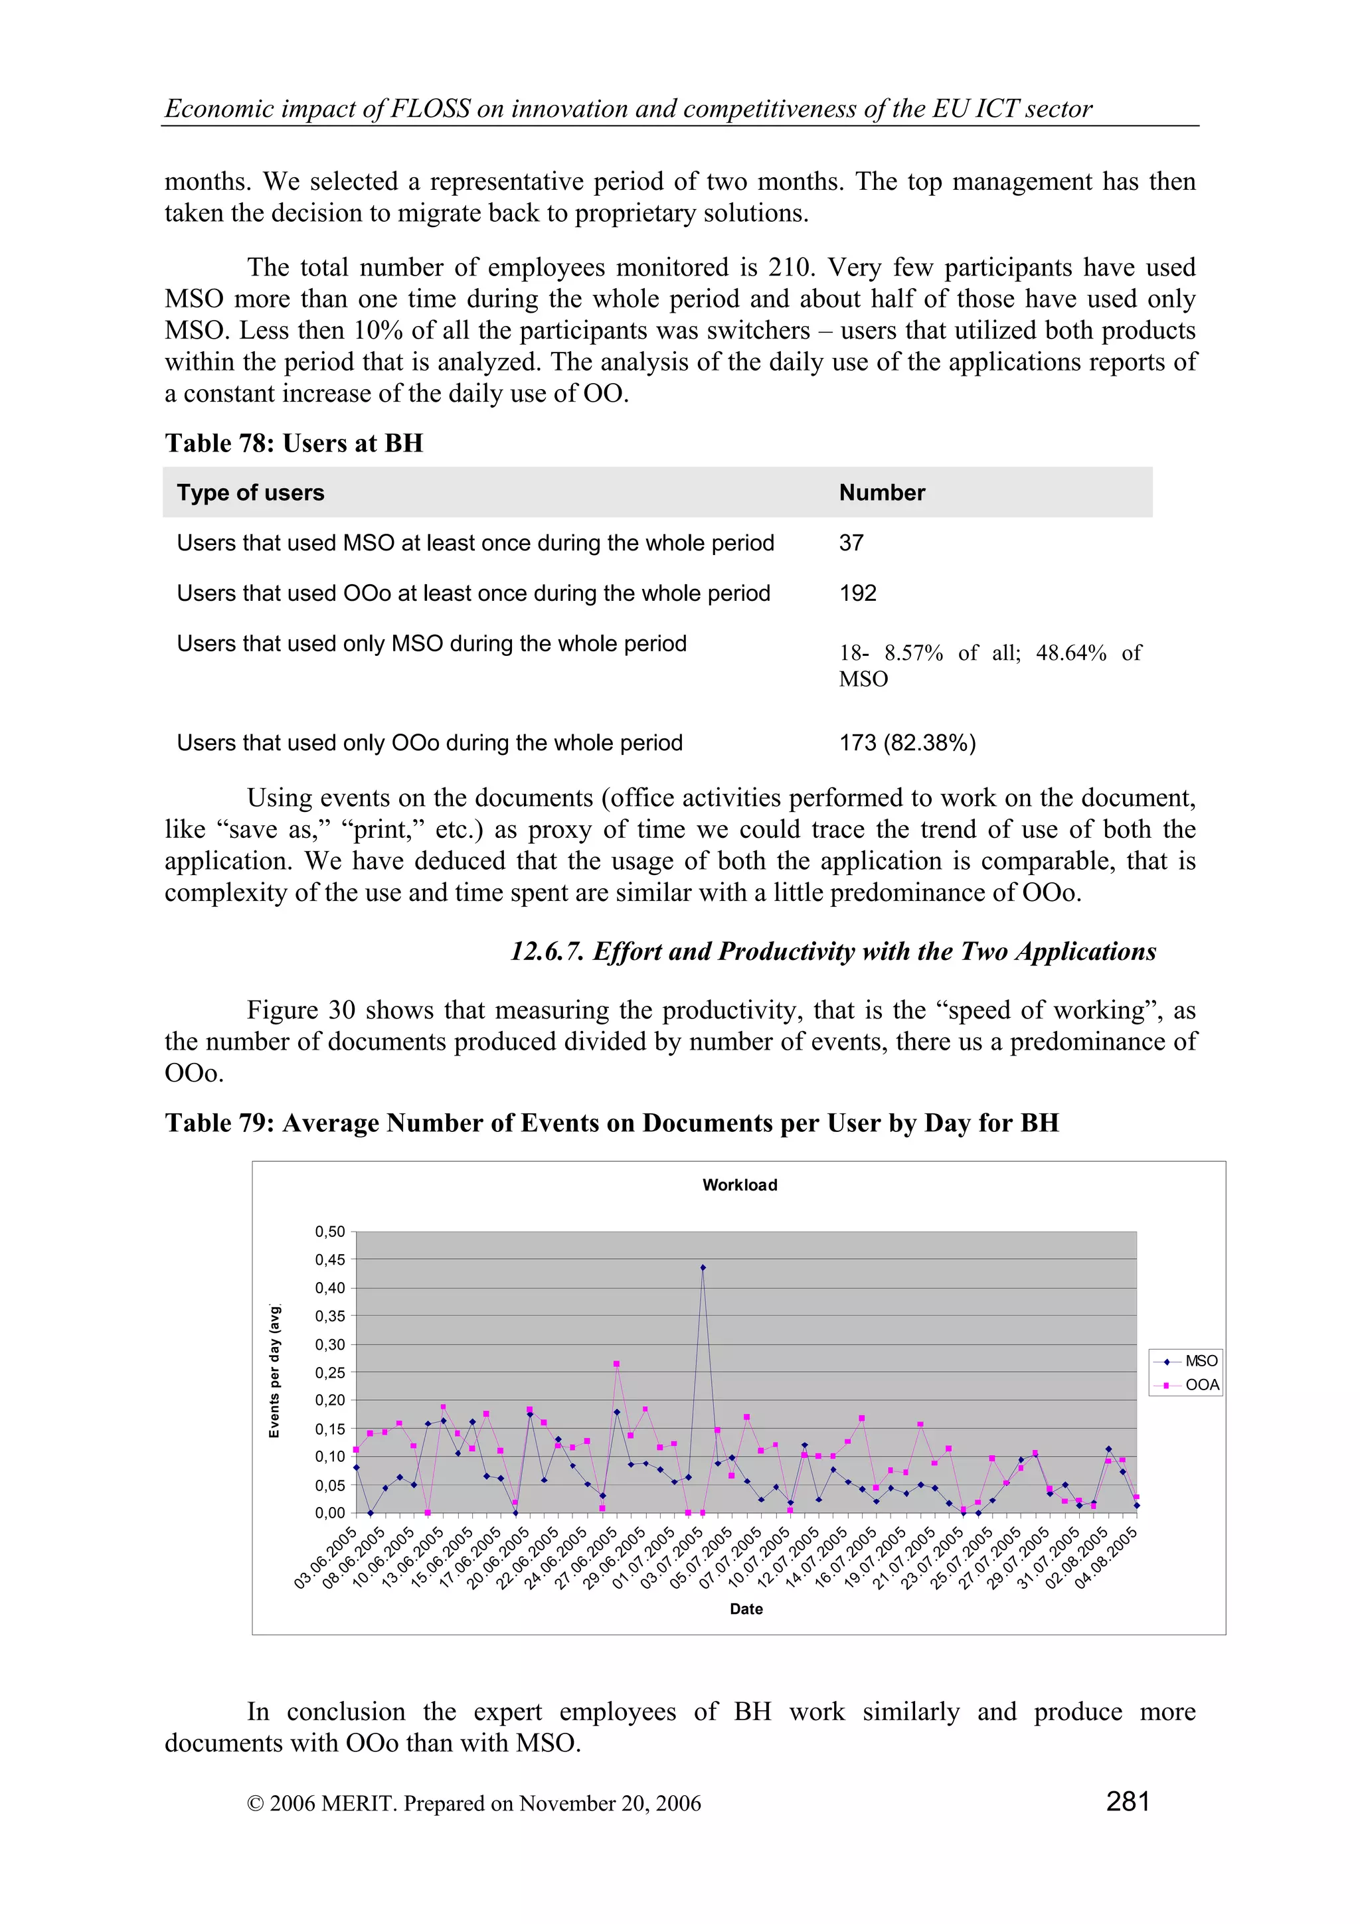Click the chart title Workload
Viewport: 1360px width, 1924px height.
click(x=739, y=1185)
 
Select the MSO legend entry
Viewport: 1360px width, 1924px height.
click(x=1200, y=1361)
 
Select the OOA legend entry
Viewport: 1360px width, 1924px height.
click(x=1202, y=1385)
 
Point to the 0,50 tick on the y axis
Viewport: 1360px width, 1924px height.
click(x=330, y=1231)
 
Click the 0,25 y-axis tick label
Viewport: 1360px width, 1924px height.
click(x=330, y=1372)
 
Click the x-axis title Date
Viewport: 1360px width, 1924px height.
click(x=746, y=1608)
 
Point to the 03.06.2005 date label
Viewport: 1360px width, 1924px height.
click(x=325, y=1558)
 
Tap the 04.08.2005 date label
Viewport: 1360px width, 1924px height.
click(x=1106, y=1558)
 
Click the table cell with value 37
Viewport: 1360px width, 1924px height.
click(x=851, y=543)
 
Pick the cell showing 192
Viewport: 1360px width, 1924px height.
click(x=857, y=594)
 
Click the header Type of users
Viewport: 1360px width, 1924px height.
click(x=250, y=493)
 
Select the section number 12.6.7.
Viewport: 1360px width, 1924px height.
click(x=547, y=951)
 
